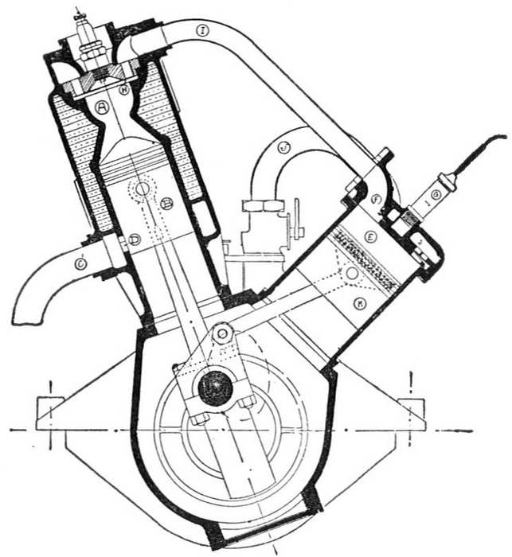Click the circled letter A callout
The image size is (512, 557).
tap(102, 106)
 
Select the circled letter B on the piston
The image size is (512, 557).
tap(167, 204)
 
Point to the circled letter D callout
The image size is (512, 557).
tap(135, 238)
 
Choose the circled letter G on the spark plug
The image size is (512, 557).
tap(436, 194)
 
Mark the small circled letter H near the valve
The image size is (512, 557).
tap(124, 90)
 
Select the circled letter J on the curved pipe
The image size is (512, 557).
tap(283, 146)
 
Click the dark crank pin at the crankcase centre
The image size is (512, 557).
tap(215, 388)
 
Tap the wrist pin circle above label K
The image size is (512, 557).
tap(351, 272)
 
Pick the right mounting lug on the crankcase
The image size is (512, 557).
tap(412, 409)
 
